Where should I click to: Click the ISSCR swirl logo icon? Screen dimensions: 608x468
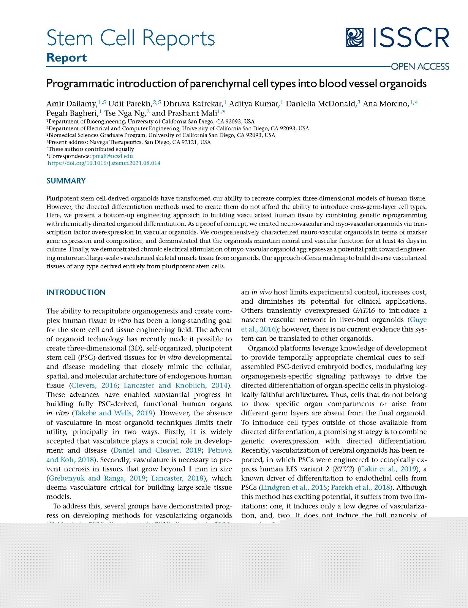coord(355,38)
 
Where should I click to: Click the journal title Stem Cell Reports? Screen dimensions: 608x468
coord(130,38)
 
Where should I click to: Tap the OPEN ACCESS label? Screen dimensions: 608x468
coord(420,67)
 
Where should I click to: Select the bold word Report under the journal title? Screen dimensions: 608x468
coord(66,58)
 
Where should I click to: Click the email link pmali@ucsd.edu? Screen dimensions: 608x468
coord(112,156)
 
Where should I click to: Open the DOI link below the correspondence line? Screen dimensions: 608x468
coord(104,163)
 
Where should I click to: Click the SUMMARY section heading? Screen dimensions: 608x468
coord(66,181)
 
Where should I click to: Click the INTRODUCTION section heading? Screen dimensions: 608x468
coord(76,292)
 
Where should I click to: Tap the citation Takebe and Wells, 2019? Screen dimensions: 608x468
coord(114,413)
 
